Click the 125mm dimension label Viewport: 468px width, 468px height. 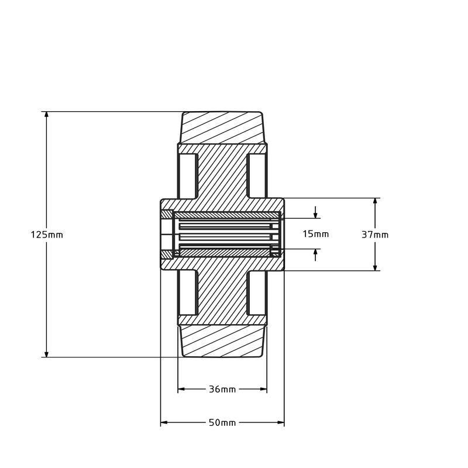click(x=47, y=235)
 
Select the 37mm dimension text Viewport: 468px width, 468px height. click(x=375, y=235)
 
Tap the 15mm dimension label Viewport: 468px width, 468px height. click(x=315, y=234)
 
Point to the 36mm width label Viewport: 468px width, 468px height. click(x=222, y=389)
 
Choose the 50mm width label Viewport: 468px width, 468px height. click(x=222, y=422)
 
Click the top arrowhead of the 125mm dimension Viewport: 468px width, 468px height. click(x=46, y=115)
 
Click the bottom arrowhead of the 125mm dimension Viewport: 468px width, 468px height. click(x=46, y=353)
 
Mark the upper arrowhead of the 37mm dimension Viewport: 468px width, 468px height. click(x=375, y=202)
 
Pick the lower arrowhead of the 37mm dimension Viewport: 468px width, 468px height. click(x=375, y=267)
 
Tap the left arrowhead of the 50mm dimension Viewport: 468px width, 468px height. click(x=164, y=422)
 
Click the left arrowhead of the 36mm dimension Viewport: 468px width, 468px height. click(x=182, y=389)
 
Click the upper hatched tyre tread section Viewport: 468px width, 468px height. click(x=222, y=127)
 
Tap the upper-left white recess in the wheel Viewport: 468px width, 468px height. click(x=187, y=176)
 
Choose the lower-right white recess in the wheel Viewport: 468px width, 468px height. click(x=257, y=292)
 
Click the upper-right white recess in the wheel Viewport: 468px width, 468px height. click(x=257, y=176)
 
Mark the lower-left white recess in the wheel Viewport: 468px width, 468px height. click(x=187, y=292)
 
